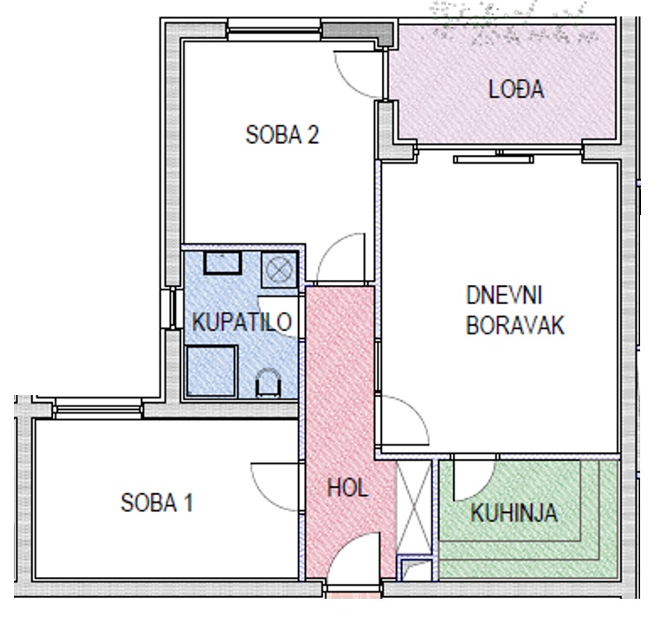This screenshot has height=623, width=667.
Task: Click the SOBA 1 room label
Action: [x=157, y=503]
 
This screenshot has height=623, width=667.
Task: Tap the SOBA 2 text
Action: [x=282, y=134]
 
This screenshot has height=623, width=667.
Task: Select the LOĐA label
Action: [x=516, y=89]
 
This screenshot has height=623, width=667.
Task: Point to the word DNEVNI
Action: [x=504, y=295]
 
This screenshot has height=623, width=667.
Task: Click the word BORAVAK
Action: [x=515, y=326]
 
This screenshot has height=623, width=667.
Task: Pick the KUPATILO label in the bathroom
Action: [x=242, y=321]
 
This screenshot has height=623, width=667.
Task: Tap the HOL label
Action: [x=347, y=488]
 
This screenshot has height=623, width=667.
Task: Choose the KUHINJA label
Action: [x=514, y=513]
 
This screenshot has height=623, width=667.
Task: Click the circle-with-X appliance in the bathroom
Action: [x=279, y=269]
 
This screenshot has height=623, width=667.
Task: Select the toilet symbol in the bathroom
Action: [x=268, y=383]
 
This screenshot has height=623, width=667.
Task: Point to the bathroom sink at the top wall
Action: [x=223, y=263]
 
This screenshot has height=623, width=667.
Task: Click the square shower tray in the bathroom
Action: [x=211, y=372]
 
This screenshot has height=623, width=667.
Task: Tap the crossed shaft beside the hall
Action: [x=414, y=507]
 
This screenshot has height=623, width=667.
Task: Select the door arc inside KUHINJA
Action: [x=484, y=486]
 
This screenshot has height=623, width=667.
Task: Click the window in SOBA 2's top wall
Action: [x=274, y=29]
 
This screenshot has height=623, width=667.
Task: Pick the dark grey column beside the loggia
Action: [x=359, y=33]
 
